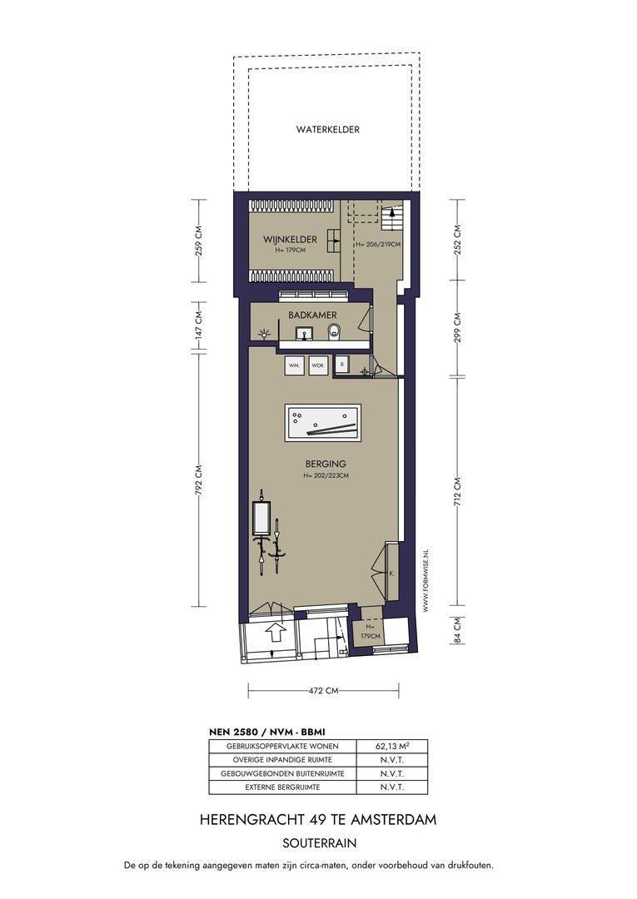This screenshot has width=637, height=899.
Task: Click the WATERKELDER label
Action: (x=327, y=130)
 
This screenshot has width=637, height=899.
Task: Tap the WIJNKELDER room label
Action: (x=290, y=239)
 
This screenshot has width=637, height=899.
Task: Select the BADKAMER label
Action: (x=312, y=315)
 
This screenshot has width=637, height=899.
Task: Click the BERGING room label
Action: (x=325, y=464)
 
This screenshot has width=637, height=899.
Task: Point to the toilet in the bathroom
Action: (x=334, y=331)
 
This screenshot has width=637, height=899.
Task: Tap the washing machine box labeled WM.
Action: (x=295, y=365)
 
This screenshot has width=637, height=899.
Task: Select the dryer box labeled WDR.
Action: (x=317, y=365)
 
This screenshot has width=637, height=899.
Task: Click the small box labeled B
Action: (x=342, y=364)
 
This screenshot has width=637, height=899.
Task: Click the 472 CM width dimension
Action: (x=323, y=691)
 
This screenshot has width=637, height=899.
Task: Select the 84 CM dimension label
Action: (x=457, y=630)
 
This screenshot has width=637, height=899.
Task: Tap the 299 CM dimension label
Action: (x=457, y=328)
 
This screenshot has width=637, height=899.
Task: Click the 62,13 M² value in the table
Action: (x=392, y=747)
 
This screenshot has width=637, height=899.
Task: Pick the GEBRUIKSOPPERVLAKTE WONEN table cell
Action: (x=282, y=747)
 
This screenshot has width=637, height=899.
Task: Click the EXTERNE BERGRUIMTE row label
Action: (x=282, y=787)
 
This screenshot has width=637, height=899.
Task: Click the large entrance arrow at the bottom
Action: (x=276, y=633)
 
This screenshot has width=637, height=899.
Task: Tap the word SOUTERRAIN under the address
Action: (x=320, y=843)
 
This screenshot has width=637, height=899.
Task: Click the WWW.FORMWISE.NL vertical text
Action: (x=425, y=581)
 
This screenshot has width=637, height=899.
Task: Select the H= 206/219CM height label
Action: (x=377, y=244)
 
